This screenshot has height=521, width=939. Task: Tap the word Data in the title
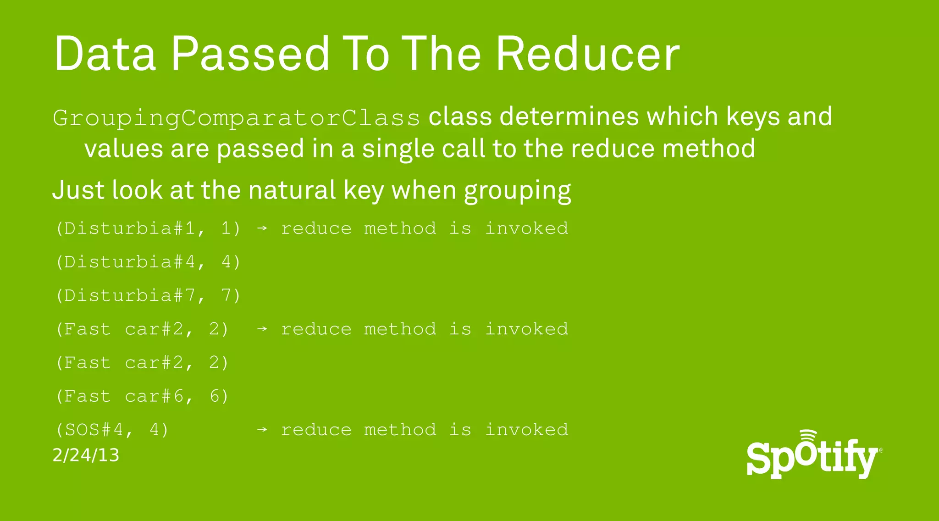pyautogui.click(x=105, y=54)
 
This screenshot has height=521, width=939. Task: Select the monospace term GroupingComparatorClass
pyautogui.click(x=237, y=118)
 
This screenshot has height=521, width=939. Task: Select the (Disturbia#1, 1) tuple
pyautogui.click(x=148, y=228)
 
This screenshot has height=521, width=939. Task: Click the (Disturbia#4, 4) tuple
pyautogui.click(x=148, y=262)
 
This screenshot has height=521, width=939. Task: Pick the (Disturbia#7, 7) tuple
pyautogui.click(x=148, y=295)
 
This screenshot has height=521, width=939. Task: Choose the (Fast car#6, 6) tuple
pyautogui.click(x=142, y=396)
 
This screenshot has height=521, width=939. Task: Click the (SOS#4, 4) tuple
pyautogui.click(x=112, y=430)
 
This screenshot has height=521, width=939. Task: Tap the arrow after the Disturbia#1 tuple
pyautogui.click(x=262, y=228)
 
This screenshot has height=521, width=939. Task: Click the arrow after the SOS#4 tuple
pyautogui.click(x=262, y=430)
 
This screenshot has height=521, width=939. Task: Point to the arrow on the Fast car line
pyautogui.click(x=262, y=329)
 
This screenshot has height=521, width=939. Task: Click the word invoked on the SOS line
pyautogui.click(x=526, y=430)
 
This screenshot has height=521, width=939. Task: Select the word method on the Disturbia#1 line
pyautogui.click(x=400, y=228)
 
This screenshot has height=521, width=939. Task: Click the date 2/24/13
pyautogui.click(x=86, y=455)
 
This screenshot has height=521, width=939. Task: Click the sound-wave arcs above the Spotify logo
pyautogui.click(x=808, y=435)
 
